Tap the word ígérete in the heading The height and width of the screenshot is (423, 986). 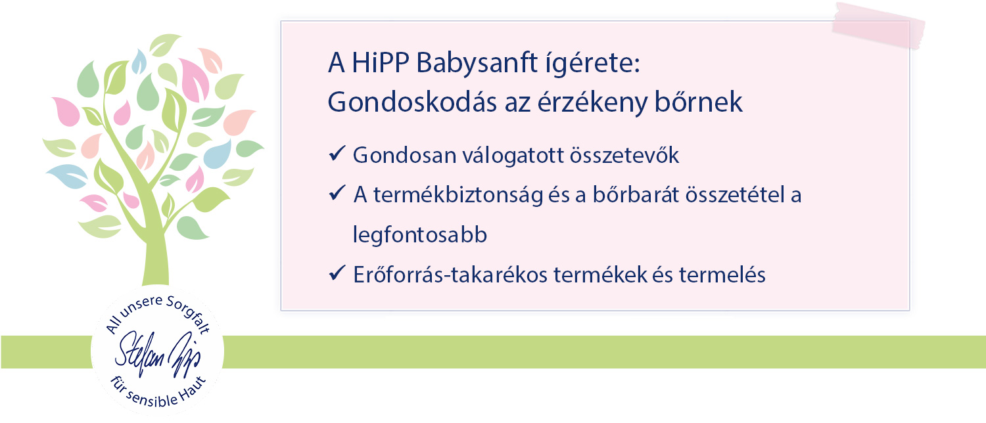(x=592, y=64)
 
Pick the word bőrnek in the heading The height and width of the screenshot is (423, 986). (x=699, y=102)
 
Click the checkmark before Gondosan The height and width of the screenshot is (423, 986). (x=337, y=154)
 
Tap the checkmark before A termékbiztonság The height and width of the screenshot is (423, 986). (x=337, y=193)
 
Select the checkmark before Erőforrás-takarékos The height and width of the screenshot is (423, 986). (x=337, y=273)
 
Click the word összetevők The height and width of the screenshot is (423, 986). (x=624, y=155)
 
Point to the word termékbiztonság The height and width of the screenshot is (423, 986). (x=458, y=195)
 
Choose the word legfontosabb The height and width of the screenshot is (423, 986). (x=420, y=234)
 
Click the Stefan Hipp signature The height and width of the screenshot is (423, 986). (x=158, y=355)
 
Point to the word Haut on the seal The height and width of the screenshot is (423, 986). (x=193, y=388)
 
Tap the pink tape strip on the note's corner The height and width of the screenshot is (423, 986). (x=878, y=26)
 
